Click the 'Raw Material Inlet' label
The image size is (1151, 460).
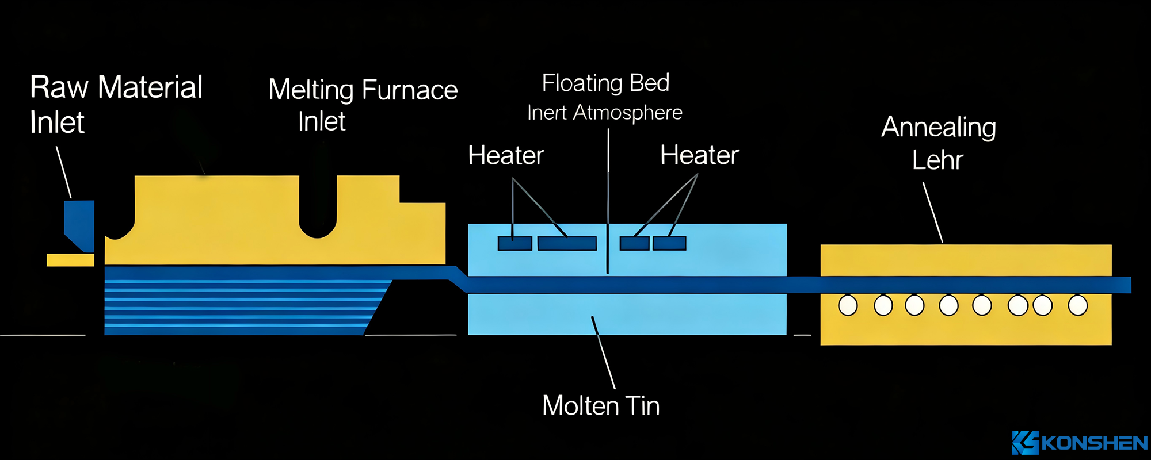(115, 104)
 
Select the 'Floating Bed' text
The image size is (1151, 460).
(605, 83)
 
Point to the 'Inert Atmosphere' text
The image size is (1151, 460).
(604, 113)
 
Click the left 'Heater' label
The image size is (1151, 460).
(505, 155)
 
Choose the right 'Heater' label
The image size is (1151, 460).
(699, 155)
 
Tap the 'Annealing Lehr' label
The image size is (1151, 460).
(939, 143)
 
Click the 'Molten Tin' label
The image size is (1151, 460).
(601, 406)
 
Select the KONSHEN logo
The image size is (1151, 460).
(1080, 443)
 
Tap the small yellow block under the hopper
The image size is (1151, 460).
(70, 260)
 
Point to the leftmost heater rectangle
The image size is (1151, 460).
(514, 244)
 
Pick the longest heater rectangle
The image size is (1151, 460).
(567, 244)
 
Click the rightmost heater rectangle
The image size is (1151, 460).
(669, 244)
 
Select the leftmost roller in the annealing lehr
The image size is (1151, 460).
(848, 305)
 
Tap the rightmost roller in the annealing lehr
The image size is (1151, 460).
(1077, 305)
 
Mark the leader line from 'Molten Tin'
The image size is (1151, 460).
(603, 352)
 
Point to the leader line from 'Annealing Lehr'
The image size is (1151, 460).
(933, 213)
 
